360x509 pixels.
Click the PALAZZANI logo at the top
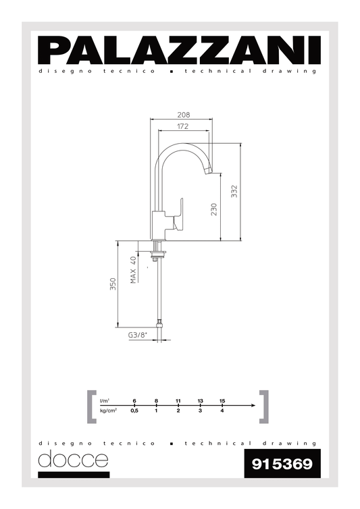pyautogui.click(x=179, y=49)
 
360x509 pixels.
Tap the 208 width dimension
pyautogui.click(x=182, y=115)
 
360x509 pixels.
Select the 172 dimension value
pyautogui.click(x=182, y=126)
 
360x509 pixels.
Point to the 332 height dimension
pyautogui.click(x=234, y=192)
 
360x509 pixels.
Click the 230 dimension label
pyautogui.click(x=213, y=209)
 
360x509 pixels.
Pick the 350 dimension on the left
pyautogui.click(x=113, y=285)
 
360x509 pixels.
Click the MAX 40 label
pyautogui.click(x=133, y=269)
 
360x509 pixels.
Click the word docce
pyautogui.click(x=73, y=460)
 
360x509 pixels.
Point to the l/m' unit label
pyautogui.click(x=105, y=401)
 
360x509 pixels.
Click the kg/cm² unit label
pyautogui.click(x=108, y=410)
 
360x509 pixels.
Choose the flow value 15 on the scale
pyautogui.click(x=222, y=401)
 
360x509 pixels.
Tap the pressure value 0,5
pyautogui.click(x=134, y=410)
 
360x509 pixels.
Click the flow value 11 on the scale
pyautogui.click(x=178, y=401)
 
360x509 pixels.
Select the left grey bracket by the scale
pyautogui.click(x=92, y=406)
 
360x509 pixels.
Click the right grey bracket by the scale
pyautogui.click(x=264, y=406)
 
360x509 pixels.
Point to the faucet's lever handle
pyautogui.click(x=180, y=215)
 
